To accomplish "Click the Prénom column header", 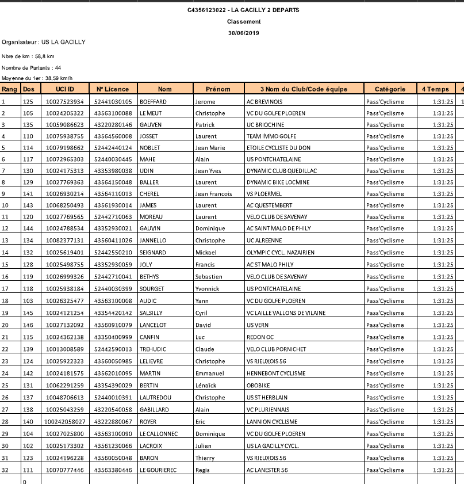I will click(x=218, y=89).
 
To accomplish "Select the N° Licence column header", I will click(x=113, y=89).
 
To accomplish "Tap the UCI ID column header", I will click(x=65, y=89).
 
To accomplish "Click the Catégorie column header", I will click(x=390, y=89).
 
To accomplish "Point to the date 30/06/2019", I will click(x=244, y=33).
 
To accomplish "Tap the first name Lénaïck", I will click(x=205, y=386).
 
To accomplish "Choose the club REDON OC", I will click(x=260, y=337).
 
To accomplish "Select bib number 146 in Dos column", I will click(x=28, y=325).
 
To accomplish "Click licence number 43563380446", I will click(x=113, y=470).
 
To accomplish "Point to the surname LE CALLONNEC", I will click(x=158, y=433).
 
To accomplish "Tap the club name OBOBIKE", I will click(x=258, y=386).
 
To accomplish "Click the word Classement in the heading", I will click(x=244, y=21).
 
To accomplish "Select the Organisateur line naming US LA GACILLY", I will click(x=44, y=42).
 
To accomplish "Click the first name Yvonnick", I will click(x=207, y=289).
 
